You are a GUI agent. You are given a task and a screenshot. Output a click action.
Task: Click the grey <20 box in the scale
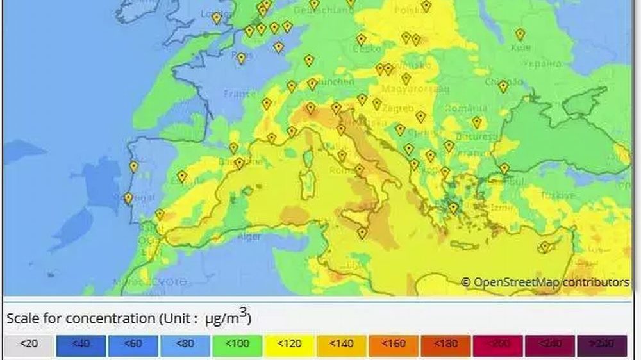(x=29, y=345)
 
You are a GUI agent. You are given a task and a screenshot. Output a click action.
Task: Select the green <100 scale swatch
(x=237, y=345)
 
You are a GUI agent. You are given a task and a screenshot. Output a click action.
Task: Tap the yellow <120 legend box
(x=289, y=345)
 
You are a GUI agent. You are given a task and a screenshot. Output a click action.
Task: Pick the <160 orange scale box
(x=393, y=345)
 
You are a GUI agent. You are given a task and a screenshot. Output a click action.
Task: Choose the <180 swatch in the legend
(x=445, y=345)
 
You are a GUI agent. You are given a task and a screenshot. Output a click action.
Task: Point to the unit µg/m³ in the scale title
(x=228, y=317)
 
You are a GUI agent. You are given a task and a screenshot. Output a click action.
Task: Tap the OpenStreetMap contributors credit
(x=545, y=282)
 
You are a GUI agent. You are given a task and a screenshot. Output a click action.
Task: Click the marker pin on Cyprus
(x=545, y=247)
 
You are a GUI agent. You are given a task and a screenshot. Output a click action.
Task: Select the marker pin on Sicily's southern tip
(x=363, y=233)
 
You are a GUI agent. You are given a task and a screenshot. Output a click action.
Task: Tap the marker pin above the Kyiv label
(x=520, y=35)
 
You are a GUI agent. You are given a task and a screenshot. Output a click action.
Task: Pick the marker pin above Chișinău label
(x=503, y=86)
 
